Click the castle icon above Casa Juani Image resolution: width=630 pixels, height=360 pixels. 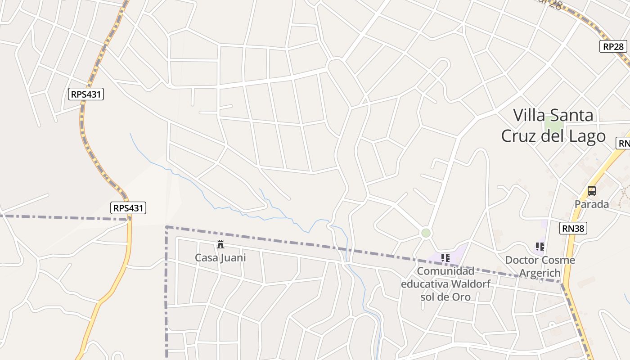pyautogui.click(x=220, y=244)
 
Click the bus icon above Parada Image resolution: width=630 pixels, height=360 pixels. pyautogui.click(x=592, y=191)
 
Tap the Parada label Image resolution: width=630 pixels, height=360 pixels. pyautogui.click(x=591, y=204)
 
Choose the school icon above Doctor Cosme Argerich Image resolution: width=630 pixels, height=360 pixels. pyautogui.click(x=540, y=247)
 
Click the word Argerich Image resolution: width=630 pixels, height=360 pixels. pyautogui.click(x=540, y=273)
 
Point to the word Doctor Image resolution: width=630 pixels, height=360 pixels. pyautogui.click(x=522, y=260)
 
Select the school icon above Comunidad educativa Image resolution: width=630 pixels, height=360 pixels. pyautogui.click(x=445, y=258)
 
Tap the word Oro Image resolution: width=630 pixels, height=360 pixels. pyautogui.click(x=461, y=297)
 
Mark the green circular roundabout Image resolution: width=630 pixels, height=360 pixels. pyautogui.click(x=426, y=233)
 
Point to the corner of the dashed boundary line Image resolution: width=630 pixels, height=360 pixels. pyautogui.click(x=166, y=227)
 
